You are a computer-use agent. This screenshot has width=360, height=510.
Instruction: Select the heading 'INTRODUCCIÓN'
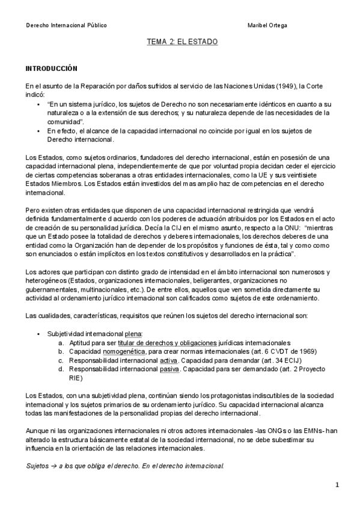pos(51,70)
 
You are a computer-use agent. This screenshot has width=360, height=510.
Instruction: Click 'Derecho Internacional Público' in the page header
pos(67,25)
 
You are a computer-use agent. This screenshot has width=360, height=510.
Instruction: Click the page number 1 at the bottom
pos(337,485)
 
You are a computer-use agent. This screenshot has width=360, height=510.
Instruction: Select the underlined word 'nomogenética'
pos(124,351)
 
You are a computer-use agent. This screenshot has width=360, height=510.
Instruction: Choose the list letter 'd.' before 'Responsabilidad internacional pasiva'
pos(61,370)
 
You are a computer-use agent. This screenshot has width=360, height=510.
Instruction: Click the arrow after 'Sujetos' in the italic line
pos(53,466)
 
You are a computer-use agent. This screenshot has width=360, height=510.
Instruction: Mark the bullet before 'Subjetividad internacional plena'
pos(39,334)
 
